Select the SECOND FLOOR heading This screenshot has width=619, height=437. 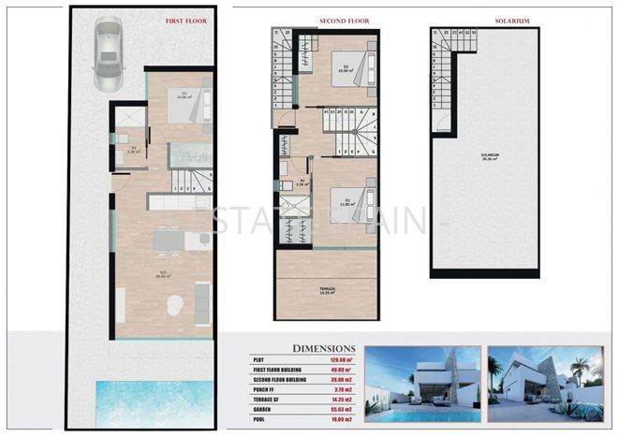click(319, 20)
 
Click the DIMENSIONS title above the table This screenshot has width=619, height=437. click(324, 347)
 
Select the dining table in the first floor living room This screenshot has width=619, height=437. click(169, 240)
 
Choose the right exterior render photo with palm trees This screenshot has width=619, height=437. click(551, 384)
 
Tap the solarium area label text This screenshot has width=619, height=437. click(487, 157)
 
